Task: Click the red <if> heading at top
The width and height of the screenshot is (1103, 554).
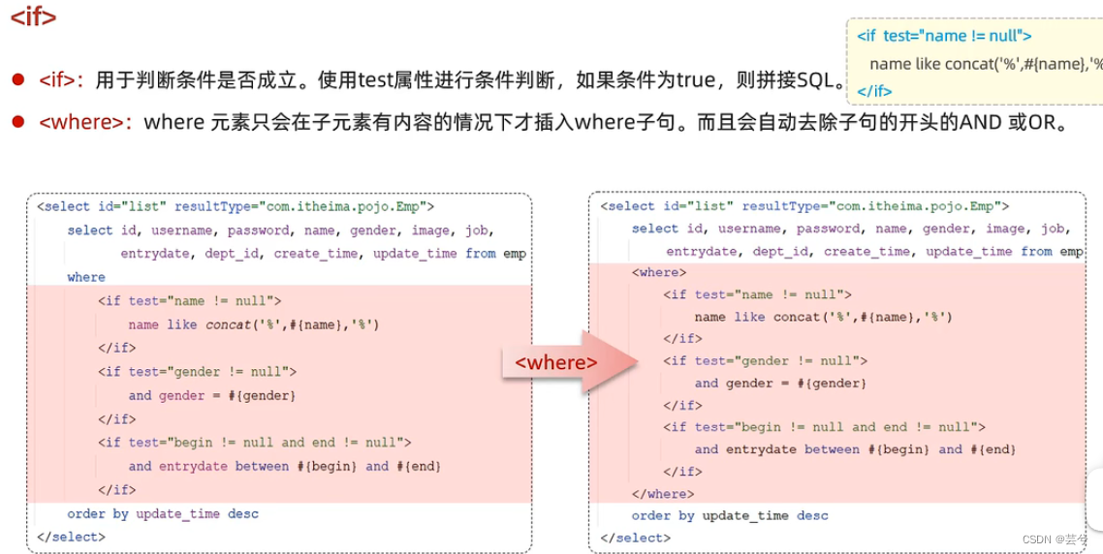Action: [33, 17]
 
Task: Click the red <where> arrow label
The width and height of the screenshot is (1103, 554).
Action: [555, 362]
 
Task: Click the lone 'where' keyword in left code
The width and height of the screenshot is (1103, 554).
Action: [86, 277]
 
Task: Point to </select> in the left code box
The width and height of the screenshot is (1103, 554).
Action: [71, 537]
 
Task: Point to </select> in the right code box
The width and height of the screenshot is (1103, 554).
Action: [635, 538]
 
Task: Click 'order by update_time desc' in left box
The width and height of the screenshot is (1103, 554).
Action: [163, 513]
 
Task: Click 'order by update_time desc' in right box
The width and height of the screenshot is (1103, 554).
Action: [730, 516]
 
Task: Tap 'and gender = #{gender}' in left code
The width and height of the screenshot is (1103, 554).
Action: [211, 395]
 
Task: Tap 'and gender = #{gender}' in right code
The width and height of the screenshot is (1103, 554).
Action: [780, 383]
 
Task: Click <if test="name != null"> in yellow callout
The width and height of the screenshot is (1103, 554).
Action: [943, 36]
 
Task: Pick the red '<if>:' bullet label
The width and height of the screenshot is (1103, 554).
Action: [62, 79]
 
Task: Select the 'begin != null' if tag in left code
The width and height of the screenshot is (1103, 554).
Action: [255, 443]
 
